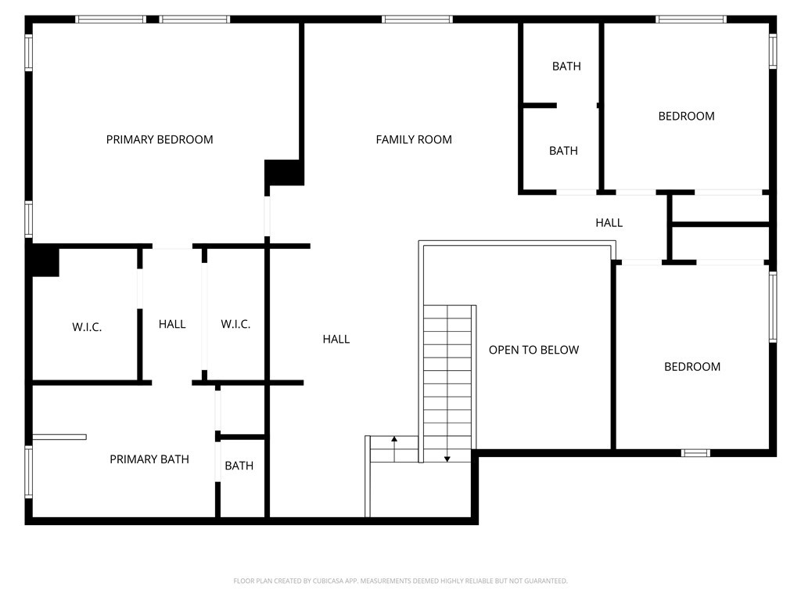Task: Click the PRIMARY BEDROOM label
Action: pos(160,139)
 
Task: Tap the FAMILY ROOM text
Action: pos(414,139)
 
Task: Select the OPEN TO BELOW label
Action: pos(533,350)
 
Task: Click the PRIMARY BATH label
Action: pos(149,459)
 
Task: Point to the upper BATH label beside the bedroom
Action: pos(566,67)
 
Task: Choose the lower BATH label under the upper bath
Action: pos(563,151)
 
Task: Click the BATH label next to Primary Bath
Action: pos(239,466)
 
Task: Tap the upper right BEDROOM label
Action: pos(686,116)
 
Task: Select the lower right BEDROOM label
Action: pos(692,366)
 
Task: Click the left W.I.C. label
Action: pos(87,327)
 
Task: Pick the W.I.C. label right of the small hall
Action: pos(235,324)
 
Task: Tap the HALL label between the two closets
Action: pos(172,324)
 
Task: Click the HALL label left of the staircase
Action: pos(336,339)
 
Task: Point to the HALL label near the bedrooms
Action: pos(609,223)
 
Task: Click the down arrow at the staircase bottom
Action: pos(447,459)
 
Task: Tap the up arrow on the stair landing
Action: pos(394,441)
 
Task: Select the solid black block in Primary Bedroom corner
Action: pos(283,172)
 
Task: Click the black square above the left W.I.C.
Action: pos(45,261)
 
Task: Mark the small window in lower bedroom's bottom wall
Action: pos(695,452)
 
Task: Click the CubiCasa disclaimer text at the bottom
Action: pos(400,581)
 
